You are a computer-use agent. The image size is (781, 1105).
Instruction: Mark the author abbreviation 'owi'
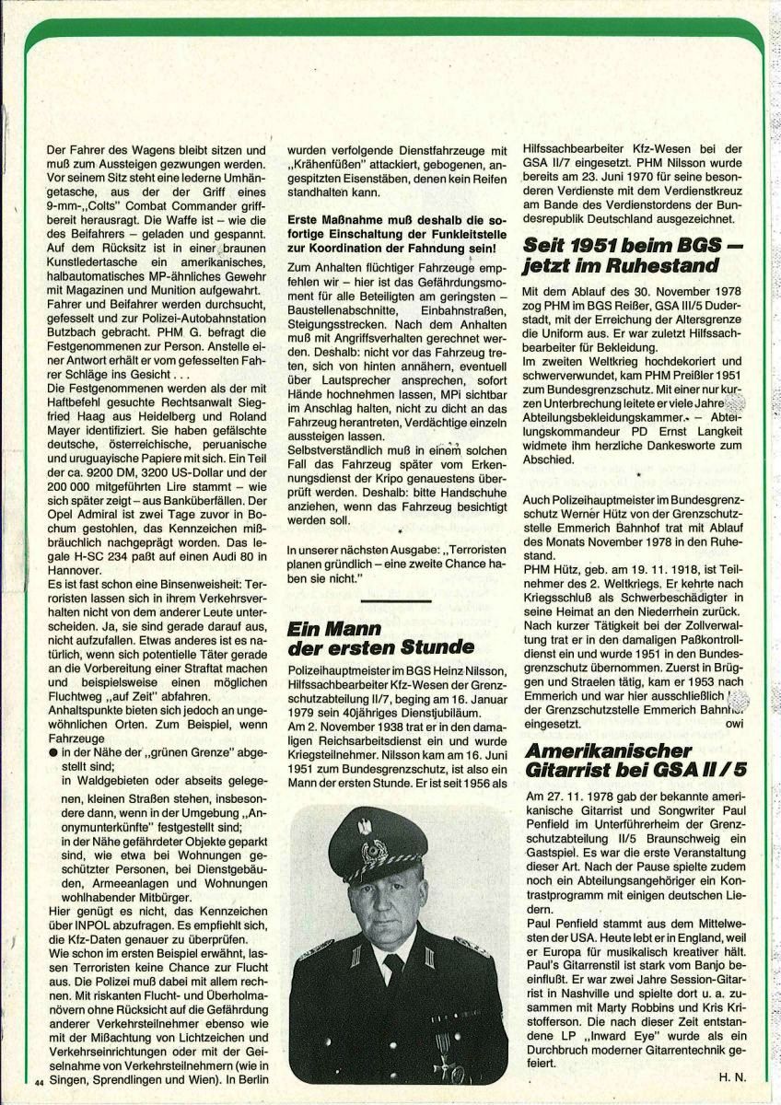coord(734,724)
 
